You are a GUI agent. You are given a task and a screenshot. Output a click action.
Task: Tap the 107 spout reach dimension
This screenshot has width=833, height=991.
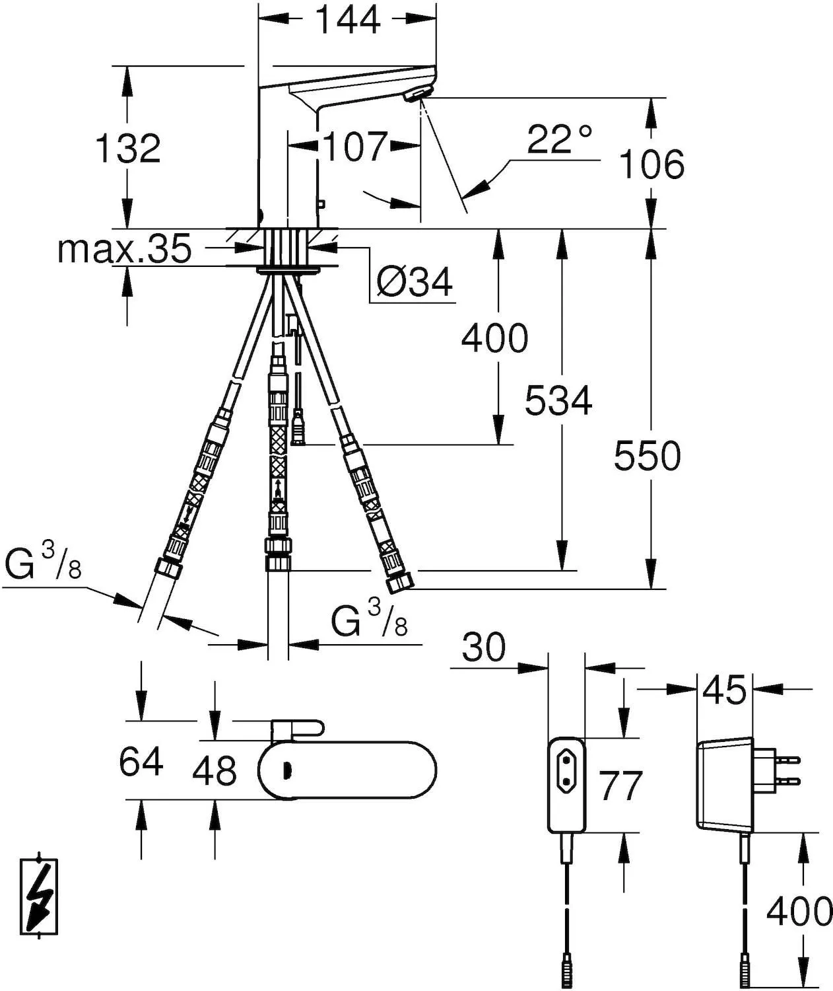(354, 147)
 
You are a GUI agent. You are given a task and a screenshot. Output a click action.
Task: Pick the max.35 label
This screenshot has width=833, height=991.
(124, 249)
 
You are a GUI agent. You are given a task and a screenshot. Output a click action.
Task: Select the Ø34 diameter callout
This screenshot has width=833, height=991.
(415, 283)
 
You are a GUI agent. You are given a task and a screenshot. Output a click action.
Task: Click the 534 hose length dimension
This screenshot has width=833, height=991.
(558, 401)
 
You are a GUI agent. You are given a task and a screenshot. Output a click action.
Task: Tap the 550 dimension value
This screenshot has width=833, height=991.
(647, 456)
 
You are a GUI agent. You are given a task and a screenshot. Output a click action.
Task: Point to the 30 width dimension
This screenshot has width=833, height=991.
(484, 647)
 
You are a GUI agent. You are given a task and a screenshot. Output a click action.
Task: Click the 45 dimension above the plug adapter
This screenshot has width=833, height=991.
(724, 690)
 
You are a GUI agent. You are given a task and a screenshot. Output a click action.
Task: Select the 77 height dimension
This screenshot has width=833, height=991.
(620, 786)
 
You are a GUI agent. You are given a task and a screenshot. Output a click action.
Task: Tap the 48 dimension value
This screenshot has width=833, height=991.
(215, 770)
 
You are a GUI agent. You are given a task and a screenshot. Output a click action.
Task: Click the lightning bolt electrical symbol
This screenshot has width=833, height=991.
(40, 898)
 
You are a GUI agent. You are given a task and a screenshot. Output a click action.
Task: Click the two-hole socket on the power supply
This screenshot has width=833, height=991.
(566, 772)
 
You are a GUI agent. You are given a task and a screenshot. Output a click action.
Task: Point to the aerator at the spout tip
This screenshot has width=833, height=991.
(416, 96)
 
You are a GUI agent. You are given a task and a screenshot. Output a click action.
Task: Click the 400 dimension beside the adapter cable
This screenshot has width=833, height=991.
(799, 912)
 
